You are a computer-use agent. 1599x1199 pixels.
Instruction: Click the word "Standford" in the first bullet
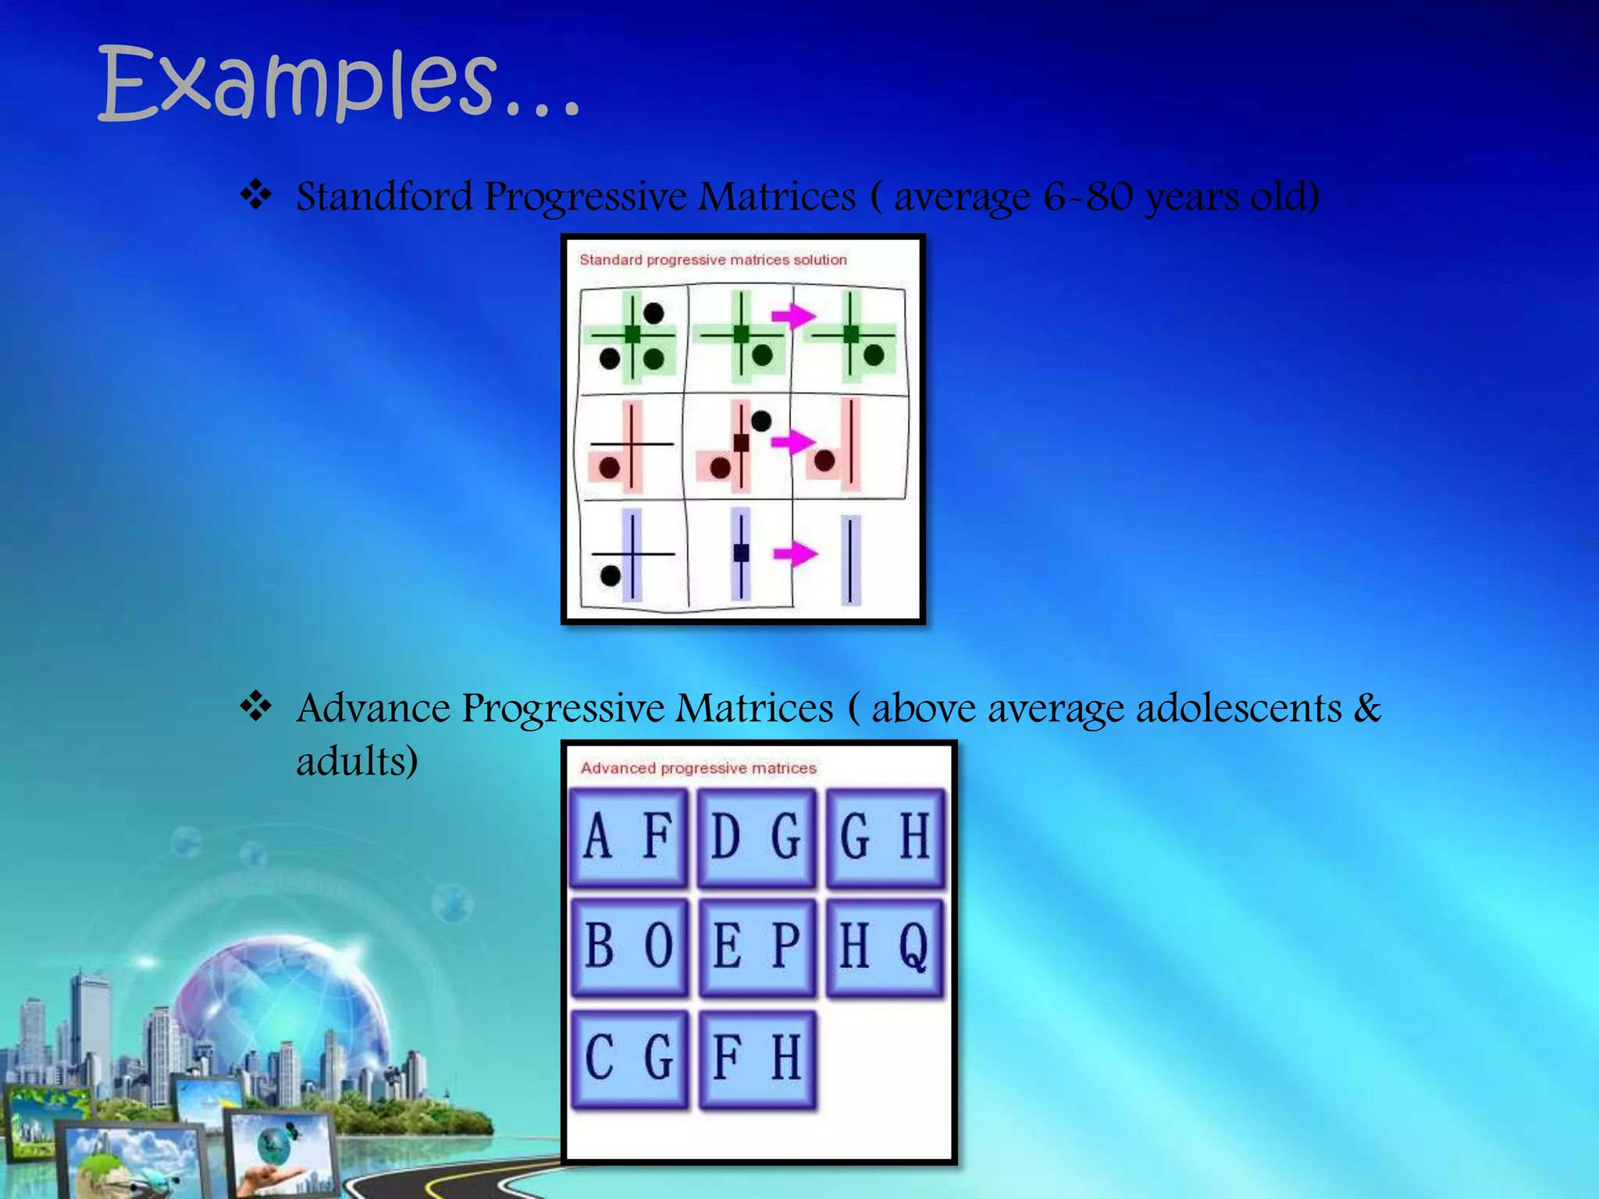384,196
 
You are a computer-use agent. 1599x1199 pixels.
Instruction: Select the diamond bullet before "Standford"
255,194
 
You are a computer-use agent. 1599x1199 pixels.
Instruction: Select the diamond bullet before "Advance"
255,706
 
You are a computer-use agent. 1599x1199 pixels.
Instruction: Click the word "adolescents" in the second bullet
1238,708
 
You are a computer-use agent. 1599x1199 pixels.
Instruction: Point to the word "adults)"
357,760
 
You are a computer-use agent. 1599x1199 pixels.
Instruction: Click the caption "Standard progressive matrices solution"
713,260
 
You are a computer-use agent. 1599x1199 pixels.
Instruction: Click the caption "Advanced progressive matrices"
698,768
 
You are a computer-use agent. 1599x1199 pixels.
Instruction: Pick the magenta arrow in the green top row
792,315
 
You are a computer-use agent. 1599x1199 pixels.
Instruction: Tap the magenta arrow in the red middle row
792,442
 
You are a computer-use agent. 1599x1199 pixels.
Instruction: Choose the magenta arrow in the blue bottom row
794,554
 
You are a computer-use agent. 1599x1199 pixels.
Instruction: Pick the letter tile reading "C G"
629,1059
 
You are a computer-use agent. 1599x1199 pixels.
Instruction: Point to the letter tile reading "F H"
757,1059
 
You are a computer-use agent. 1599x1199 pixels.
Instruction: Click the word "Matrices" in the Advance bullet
754,708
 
